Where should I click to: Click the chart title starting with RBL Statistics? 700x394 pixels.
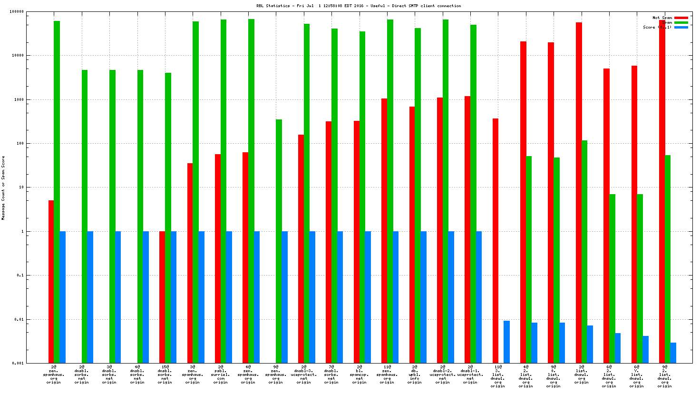(359, 6)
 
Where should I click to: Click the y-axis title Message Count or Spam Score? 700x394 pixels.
(3, 188)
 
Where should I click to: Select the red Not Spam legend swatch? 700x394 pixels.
(681, 18)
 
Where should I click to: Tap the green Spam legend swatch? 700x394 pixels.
(681, 22)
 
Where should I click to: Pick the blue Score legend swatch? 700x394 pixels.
(681, 27)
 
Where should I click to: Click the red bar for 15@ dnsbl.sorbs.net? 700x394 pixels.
(162, 297)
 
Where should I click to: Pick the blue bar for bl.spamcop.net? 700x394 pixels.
(368, 297)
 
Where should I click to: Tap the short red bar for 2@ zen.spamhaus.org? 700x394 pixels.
(51, 281)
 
